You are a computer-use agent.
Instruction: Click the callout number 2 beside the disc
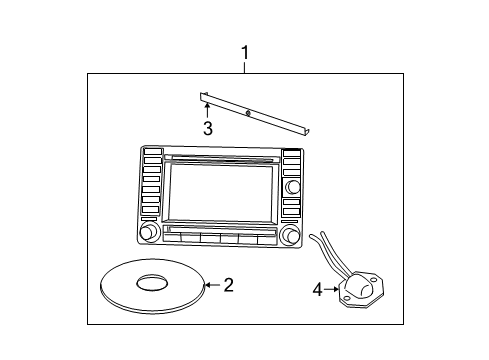coord(228,286)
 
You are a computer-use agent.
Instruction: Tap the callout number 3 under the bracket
coord(207,129)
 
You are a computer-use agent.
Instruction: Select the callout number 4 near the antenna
coord(318,290)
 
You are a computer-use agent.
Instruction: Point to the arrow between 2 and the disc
coord(210,286)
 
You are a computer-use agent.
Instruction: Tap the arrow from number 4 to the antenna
coord(334,290)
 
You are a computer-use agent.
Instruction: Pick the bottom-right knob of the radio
coord(291,235)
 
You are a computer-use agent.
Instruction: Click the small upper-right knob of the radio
coord(292,187)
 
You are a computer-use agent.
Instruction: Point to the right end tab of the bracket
coord(309,133)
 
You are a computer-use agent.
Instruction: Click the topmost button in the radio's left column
coord(152,153)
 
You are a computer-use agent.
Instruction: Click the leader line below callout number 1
coord(244,66)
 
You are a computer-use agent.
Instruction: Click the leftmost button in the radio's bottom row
coord(171,239)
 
